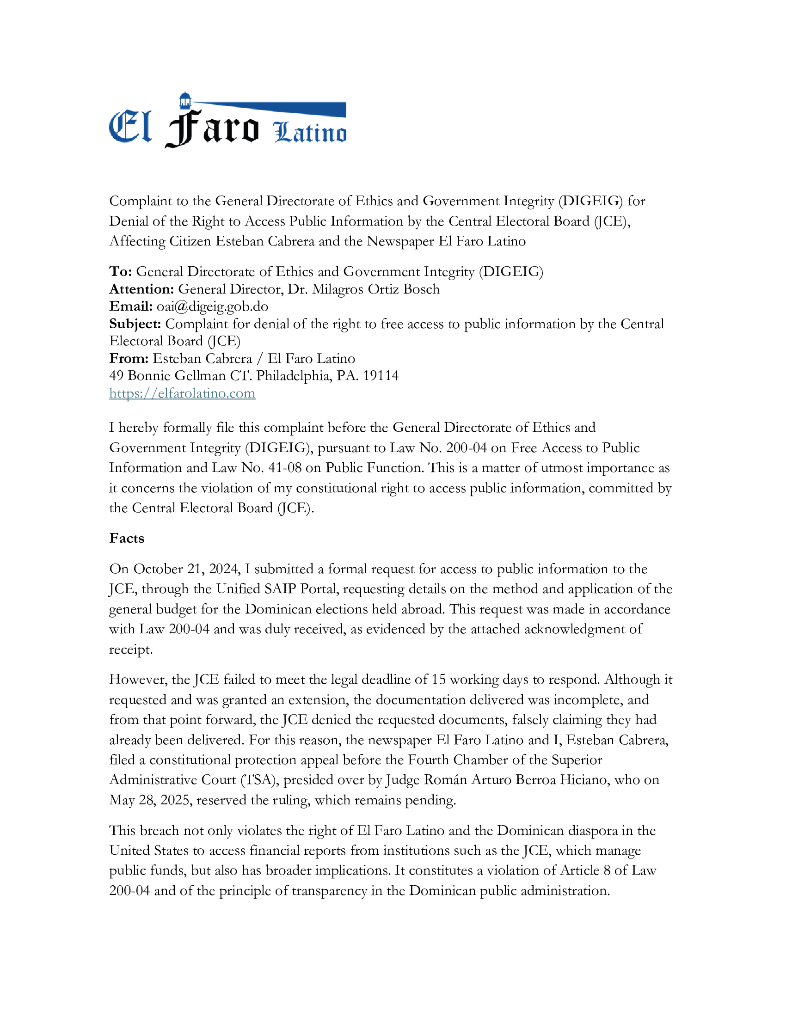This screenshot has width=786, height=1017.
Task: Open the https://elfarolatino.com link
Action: click(x=182, y=393)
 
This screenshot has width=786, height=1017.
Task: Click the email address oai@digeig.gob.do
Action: click(x=212, y=306)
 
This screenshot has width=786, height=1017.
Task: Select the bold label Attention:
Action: click(x=141, y=289)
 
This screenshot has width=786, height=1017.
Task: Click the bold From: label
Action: click(x=129, y=359)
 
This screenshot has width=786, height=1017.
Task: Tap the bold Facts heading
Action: click(x=127, y=538)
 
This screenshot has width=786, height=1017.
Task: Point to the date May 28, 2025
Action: click(x=150, y=800)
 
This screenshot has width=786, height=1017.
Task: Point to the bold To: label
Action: click(x=121, y=271)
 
